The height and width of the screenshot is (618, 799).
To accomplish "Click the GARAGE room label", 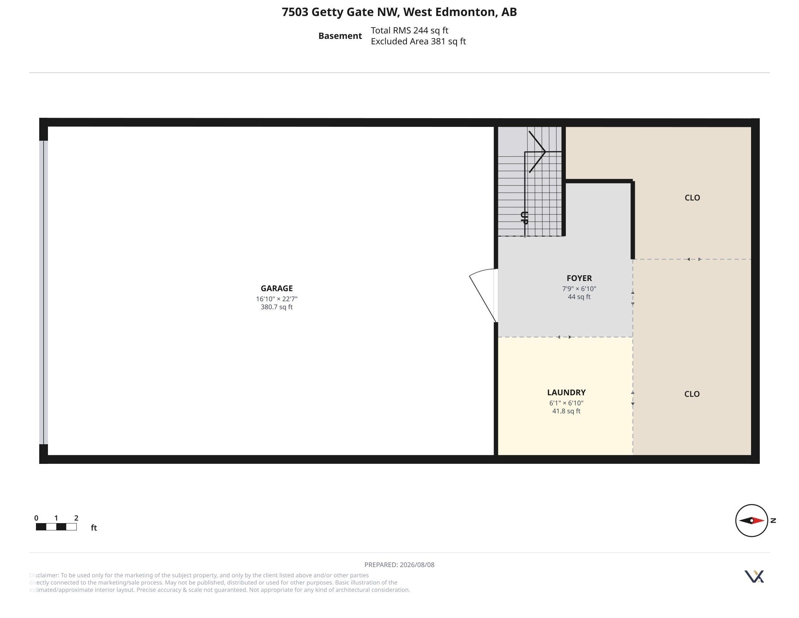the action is pos(277,288).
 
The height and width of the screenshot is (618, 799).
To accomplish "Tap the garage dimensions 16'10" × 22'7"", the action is pos(277,299).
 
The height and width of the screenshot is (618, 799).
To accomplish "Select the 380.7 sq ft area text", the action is pos(277,307).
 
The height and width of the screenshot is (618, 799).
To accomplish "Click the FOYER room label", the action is pos(579,278).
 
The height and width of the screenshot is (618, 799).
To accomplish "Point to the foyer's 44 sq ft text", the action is pos(579,297).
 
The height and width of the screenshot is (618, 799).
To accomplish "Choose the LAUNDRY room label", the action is pos(566,393).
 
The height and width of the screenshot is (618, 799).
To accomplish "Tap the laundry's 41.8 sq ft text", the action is pos(566,411).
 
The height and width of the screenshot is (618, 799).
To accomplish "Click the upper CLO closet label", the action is pos(692,198).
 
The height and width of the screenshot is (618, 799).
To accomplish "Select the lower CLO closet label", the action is pos(692,394).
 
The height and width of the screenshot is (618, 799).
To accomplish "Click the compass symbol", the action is pos(751,520).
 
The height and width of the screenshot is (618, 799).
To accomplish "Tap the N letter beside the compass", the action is pos(773,520).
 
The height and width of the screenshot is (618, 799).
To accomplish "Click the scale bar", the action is pos(56,527).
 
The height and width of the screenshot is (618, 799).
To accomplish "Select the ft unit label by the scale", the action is pos(94,527).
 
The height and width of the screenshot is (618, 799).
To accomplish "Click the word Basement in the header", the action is pos(340,36).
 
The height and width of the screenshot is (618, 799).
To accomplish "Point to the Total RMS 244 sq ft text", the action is pos(409,31).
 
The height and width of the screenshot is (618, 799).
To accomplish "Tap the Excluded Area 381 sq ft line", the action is pos(418,41).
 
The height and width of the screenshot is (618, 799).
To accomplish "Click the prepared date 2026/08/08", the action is pos(417,565).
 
